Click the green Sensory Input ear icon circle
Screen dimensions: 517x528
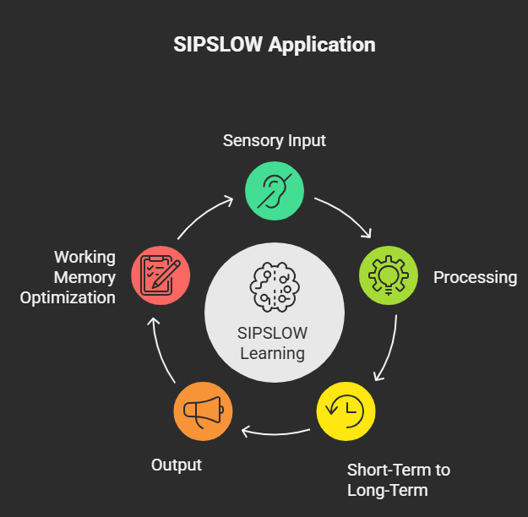[274, 192]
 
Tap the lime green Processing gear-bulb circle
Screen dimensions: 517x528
[388, 276]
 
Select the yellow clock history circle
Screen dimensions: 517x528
[346, 412]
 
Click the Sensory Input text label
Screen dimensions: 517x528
[274, 140]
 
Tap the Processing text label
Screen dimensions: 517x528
[475, 277]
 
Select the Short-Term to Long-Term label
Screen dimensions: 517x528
[398, 480]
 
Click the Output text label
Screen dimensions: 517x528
[176, 465]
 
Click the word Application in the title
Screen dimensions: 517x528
[322, 44]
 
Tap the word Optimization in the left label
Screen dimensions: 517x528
[68, 297]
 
